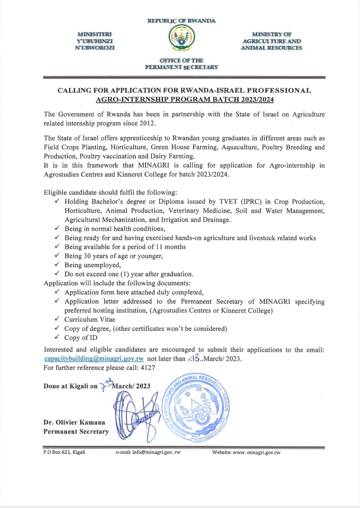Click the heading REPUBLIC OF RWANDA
pyautogui.click(x=181, y=21)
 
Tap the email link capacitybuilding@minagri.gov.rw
pyautogui.click(x=94, y=359)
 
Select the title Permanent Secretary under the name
pyautogui.click(x=75, y=431)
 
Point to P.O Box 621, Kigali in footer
pyautogui.click(x=64, y=452)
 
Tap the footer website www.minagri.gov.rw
pyautogui.click(x=246, y=452)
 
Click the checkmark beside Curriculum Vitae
pyautogui.click(x=57, y=319)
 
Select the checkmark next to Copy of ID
pyautogui.click(x=57, y=338)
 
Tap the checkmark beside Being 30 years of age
pyautogui.click(x=57, y=256)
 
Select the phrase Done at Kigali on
pyautogui.click(x=70, y=386)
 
